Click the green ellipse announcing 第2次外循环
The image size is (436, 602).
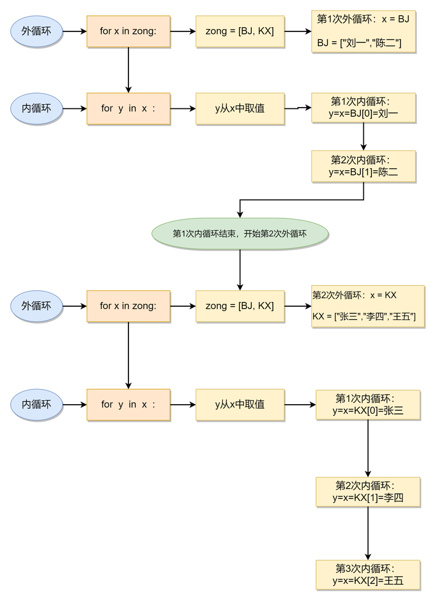[x=240, y=234]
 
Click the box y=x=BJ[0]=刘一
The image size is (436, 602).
[x=363, y=108]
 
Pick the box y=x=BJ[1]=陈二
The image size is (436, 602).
[x=363, y=166]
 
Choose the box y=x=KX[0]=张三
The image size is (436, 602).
[x=368, y=405]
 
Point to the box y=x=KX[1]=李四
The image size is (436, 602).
[x=368, y=492]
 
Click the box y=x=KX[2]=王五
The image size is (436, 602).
[x=368, y=575]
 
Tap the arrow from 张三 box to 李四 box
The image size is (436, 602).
[x=368, y=448]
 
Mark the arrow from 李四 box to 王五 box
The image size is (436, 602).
[x=368, y=533]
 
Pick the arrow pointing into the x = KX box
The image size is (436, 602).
[x=297, y=306]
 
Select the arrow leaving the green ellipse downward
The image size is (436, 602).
[x=240, y=269]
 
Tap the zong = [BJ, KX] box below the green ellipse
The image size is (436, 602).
[x=240, y=306]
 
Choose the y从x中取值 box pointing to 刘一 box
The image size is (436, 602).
[x=240, y=109]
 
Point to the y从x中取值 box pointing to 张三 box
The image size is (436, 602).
[x=240, y=405]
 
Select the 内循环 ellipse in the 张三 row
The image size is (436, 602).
[x=36, y=405]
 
